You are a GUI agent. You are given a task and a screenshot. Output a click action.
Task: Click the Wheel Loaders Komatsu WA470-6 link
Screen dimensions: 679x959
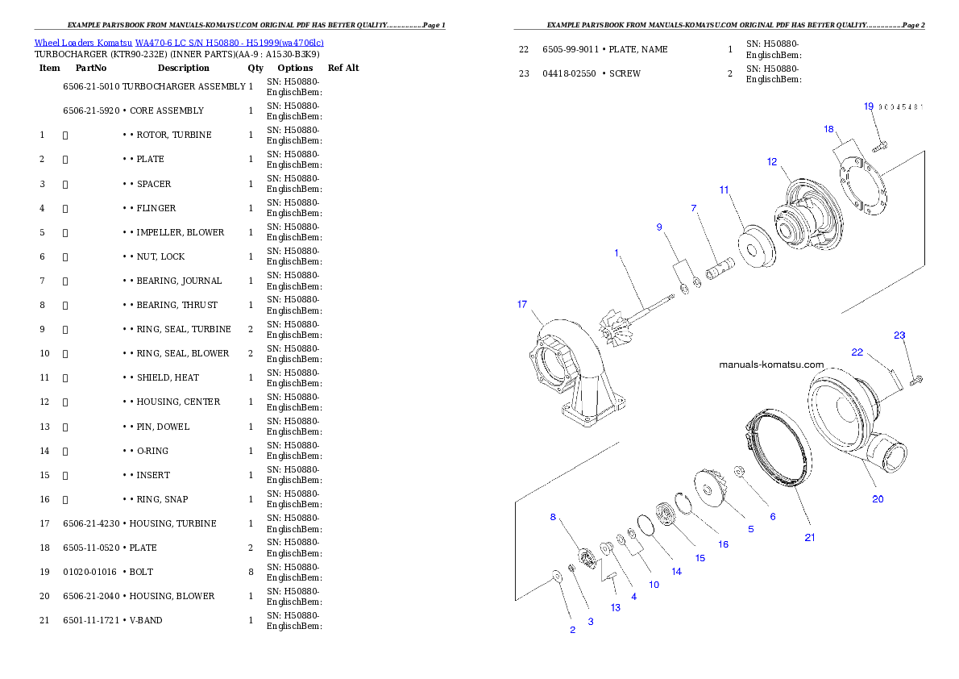178,43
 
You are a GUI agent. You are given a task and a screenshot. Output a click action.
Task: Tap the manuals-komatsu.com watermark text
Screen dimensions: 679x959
771,364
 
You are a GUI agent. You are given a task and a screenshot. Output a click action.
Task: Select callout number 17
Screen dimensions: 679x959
522,305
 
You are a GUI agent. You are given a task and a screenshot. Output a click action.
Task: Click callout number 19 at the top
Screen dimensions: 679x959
869,106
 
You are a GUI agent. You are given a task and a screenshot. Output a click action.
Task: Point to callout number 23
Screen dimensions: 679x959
899,335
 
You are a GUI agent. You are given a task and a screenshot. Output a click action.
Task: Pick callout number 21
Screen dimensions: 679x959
810,538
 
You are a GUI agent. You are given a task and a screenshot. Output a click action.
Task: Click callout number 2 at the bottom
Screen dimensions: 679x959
573,630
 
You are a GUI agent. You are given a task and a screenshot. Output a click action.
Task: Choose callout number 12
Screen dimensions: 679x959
772,162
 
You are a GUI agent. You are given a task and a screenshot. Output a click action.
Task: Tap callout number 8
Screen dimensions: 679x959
553,517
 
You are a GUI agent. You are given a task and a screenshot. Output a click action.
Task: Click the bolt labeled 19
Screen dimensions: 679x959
881,148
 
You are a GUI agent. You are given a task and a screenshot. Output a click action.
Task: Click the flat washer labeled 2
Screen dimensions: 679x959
555,576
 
